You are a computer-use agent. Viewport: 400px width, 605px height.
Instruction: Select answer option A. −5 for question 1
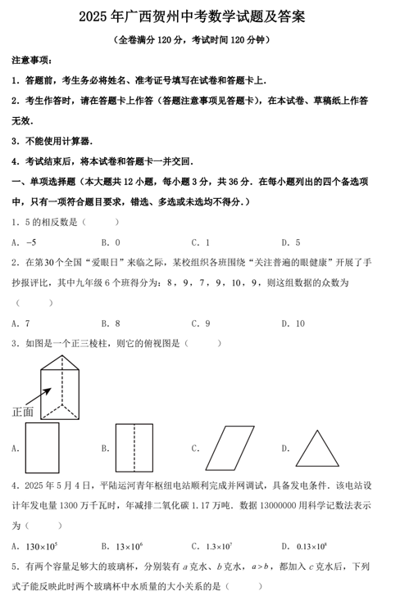(x=25, y=242)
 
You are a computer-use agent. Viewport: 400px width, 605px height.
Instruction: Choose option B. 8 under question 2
(x=111, y=323)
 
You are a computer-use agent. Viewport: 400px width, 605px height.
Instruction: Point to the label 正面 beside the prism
(x=23, y=412)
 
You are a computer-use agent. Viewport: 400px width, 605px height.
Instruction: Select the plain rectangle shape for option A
(x=42, y=448)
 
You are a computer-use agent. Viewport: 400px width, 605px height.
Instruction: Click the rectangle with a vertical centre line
(x=134, y=448)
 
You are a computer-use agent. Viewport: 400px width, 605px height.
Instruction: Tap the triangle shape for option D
(x=317, y=448)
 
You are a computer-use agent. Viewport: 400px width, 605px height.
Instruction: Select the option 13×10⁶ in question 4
(x=126, y=546)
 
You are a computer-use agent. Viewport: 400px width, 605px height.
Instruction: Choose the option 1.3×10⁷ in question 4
(x=216, y=546)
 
